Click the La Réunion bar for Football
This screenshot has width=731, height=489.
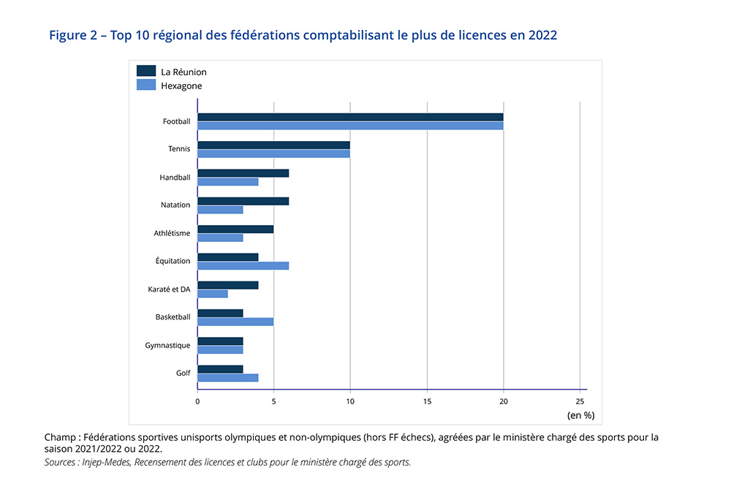[350, 117]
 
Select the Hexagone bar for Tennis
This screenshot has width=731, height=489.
[273, 153]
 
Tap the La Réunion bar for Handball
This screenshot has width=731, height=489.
[243, 173]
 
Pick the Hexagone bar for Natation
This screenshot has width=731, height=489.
[220, 210]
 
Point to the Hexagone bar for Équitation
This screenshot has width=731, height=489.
[243, 265]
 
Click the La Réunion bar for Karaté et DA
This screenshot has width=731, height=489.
[227, 285]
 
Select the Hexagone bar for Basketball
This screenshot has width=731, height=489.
[235, 322]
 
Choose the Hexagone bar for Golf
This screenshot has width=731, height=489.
[227, 377]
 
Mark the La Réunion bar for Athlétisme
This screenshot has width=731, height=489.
[235, 229]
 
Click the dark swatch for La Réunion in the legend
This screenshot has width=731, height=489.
[146, 71]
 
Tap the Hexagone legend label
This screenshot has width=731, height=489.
[181, 86]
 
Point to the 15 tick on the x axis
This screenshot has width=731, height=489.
[427, 401]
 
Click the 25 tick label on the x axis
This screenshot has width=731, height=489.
[580, 401]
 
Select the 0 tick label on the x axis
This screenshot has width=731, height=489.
[197, 401]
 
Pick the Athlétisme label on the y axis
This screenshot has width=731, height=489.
[172, 233]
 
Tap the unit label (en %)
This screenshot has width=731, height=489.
[580, 415]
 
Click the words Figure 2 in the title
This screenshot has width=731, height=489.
[73, 35]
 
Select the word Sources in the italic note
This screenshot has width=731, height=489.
[61, 462]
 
